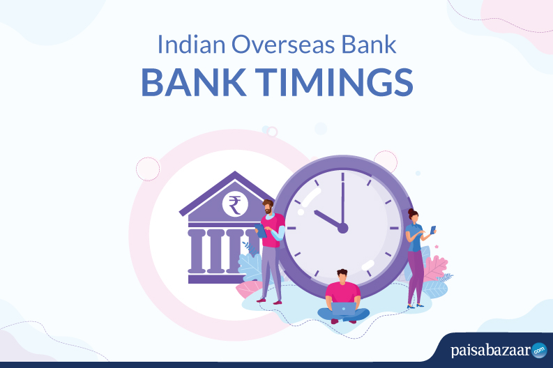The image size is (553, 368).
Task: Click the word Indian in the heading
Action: tap(191, 45)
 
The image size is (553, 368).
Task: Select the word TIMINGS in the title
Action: tap(333, 82)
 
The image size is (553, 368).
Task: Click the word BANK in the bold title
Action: tap(194, 82)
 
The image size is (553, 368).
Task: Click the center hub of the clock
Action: tap(342, 228)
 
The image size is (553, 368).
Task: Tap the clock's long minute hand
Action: tap(342, 199)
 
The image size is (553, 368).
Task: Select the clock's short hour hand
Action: tap(328, 220)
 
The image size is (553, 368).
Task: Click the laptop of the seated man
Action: tap(344, 309)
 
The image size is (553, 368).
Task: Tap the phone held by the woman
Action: tap(433, 230)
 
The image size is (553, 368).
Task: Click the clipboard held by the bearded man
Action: tap(261, 231)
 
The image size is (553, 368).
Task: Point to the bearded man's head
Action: tap(268, 206)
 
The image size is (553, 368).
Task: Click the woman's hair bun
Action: tap(411, 211)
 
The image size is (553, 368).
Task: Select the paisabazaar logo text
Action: tap(490, 351)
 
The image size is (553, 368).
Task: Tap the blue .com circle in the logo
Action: tap(539, 351)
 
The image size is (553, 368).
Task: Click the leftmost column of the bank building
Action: tap(197, 251)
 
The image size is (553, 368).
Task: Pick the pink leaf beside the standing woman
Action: tap(436, 268)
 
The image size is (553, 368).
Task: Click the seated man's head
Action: tap(342, 276)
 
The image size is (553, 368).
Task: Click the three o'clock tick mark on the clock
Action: tap(394, 228)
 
